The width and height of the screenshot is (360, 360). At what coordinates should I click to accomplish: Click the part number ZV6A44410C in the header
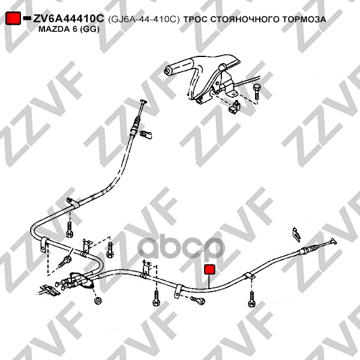[68, 19]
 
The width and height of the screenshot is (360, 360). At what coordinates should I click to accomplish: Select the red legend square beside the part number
[13, 18]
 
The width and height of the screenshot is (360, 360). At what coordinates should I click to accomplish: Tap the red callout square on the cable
[209, 269]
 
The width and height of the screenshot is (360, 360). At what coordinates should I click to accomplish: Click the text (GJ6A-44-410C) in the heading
[143, 19]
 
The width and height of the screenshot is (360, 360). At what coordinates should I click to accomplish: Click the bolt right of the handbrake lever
[257, 92]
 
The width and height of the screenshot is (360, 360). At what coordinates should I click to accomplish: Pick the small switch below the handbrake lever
[235, 107]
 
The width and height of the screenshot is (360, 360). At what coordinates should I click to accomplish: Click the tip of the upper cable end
[143, 101]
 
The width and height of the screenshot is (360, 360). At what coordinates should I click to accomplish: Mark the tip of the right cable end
[334, 241]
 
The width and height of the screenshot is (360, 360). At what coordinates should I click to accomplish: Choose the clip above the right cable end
[296, 235]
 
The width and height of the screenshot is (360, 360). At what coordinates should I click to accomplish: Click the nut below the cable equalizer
[98, 301]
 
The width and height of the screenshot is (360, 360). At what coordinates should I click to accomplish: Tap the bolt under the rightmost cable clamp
[252, 299]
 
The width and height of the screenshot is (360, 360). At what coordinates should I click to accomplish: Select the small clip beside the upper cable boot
[145, 135]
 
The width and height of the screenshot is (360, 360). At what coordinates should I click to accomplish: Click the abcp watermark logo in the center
[181, 247]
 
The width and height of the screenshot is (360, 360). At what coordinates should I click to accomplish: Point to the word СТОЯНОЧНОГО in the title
[245, 19]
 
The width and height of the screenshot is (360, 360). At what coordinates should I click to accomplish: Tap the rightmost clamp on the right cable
[250, 276]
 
